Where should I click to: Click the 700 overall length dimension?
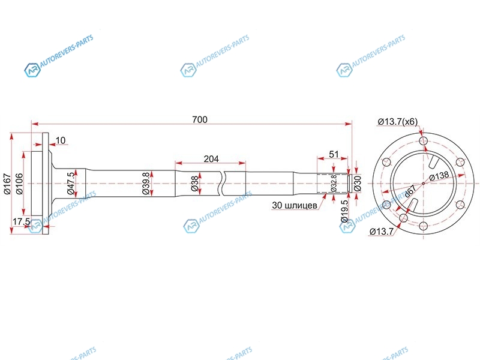(200, 119)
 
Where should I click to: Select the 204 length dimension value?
(211, 158)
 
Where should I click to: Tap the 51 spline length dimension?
(334, 154)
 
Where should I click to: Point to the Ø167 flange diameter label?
(7, 184)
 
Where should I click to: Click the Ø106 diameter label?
(19, 184)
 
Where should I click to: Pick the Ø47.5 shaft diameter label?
(71, 184)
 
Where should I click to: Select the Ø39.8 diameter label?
(146, 184)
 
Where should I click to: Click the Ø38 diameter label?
(194, 184)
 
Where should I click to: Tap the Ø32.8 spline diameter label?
(334, 183)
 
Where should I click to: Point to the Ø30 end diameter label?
(357, 184)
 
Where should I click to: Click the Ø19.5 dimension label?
(344, 211)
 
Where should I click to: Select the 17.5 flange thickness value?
(21, 221)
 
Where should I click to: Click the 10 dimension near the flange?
(61, 140)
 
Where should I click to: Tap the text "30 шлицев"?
(295, 205)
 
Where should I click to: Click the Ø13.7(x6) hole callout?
(398, 122)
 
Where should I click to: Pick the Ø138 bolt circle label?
(439, 176)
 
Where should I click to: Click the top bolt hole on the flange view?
(424, 141)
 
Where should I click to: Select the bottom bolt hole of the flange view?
(424, 226)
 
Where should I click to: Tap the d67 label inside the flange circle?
(410, 191)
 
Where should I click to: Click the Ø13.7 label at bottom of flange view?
(382, 232)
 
